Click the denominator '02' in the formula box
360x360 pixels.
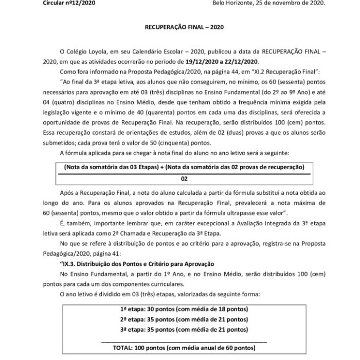click(184, 178)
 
